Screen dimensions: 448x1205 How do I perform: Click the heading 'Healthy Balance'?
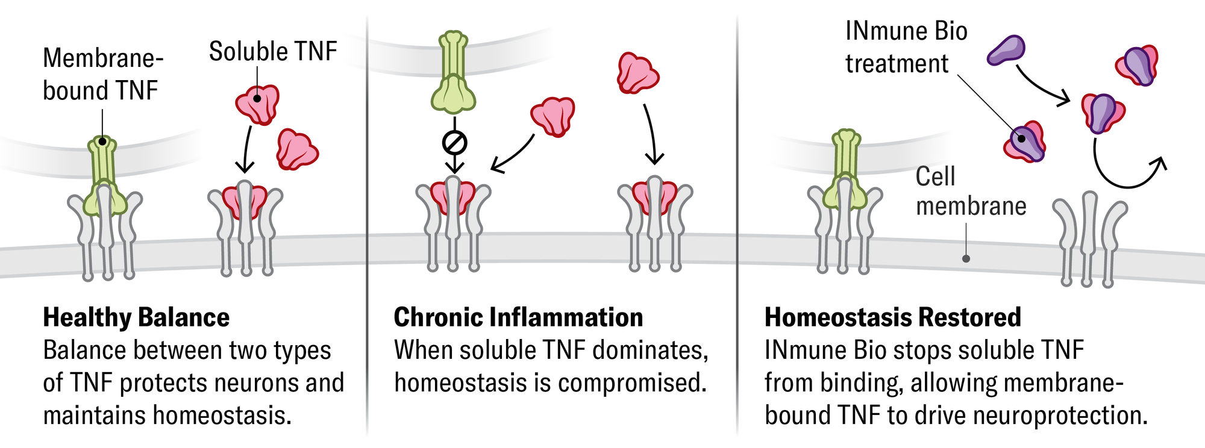[x=136, y=317]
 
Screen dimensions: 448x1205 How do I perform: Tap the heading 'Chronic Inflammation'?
[x=518, y=317]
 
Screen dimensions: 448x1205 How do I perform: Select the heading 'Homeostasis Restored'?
[x=892, y=317]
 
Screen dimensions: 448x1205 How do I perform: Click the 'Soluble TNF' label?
[x=272, y=52]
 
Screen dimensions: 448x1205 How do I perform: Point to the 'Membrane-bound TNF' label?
[x=102, y=75]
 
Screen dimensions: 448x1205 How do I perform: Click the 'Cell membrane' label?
[x=970, y=191]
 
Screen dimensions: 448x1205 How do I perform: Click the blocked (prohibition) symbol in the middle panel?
[x=454, y=143]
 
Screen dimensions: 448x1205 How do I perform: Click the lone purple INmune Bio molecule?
[x=1006, y=50]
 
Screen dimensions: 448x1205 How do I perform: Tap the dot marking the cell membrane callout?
[x=966, y=258]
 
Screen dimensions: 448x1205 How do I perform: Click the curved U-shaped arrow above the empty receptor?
[x=1127, y=172]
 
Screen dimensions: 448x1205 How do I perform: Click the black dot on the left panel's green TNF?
[x=103, y=142]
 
